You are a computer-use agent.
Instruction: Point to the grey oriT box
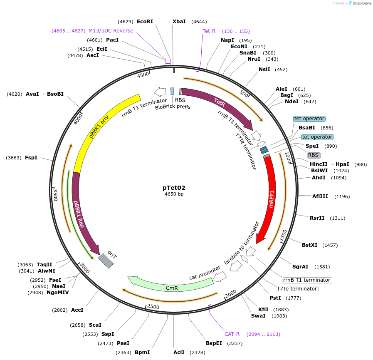(x=106, y=261)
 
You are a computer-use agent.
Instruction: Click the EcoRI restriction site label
(x=145, y=22)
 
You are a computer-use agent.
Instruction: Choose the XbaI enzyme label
(x=179, y=22)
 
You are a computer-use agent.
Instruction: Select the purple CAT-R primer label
(x=232, y=334)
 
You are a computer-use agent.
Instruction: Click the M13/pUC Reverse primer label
(x=111, y=31)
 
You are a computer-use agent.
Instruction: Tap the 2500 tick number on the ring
(x=153, y=307)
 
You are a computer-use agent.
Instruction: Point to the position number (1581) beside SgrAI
(x=322, y=267)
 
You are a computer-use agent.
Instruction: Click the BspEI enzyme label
(x=214, y=343)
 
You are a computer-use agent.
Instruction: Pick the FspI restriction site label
(x=31, y=158)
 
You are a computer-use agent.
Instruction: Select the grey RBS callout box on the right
(x=313, y=155)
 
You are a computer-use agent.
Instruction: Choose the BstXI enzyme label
(x=309, y=245)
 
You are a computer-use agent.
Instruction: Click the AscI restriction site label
(x=93, y=55)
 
